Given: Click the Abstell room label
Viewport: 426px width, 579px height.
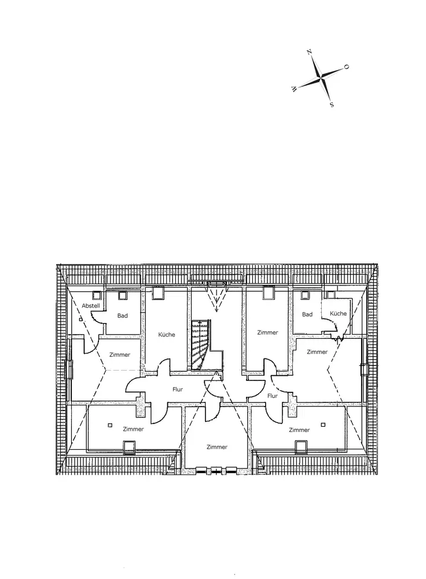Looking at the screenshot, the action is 91,306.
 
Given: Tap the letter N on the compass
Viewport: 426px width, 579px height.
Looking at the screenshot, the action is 310,53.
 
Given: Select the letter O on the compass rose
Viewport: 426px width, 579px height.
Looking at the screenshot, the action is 346,67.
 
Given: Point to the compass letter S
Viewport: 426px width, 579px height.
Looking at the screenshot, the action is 331,105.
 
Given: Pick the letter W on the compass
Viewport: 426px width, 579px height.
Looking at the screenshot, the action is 294,89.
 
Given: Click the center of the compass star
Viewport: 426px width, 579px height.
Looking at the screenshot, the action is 320,78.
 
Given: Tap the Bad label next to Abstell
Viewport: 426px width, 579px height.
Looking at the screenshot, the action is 123,316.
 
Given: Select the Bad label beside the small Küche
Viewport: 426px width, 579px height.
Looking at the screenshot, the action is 307,314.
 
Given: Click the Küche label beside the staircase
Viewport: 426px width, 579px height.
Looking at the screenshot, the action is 166,335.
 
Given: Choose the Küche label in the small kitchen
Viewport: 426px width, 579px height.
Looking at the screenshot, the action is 338,314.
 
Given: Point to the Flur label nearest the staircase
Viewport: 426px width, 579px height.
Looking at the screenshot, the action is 178,389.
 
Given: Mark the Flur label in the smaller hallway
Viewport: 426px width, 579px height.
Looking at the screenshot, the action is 273,396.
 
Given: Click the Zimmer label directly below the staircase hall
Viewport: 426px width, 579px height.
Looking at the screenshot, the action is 217,447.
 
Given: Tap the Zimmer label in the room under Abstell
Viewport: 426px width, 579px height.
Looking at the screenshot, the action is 119,354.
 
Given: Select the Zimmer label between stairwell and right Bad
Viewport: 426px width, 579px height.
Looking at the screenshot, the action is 267,332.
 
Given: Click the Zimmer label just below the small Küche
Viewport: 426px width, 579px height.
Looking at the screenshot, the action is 317,351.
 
